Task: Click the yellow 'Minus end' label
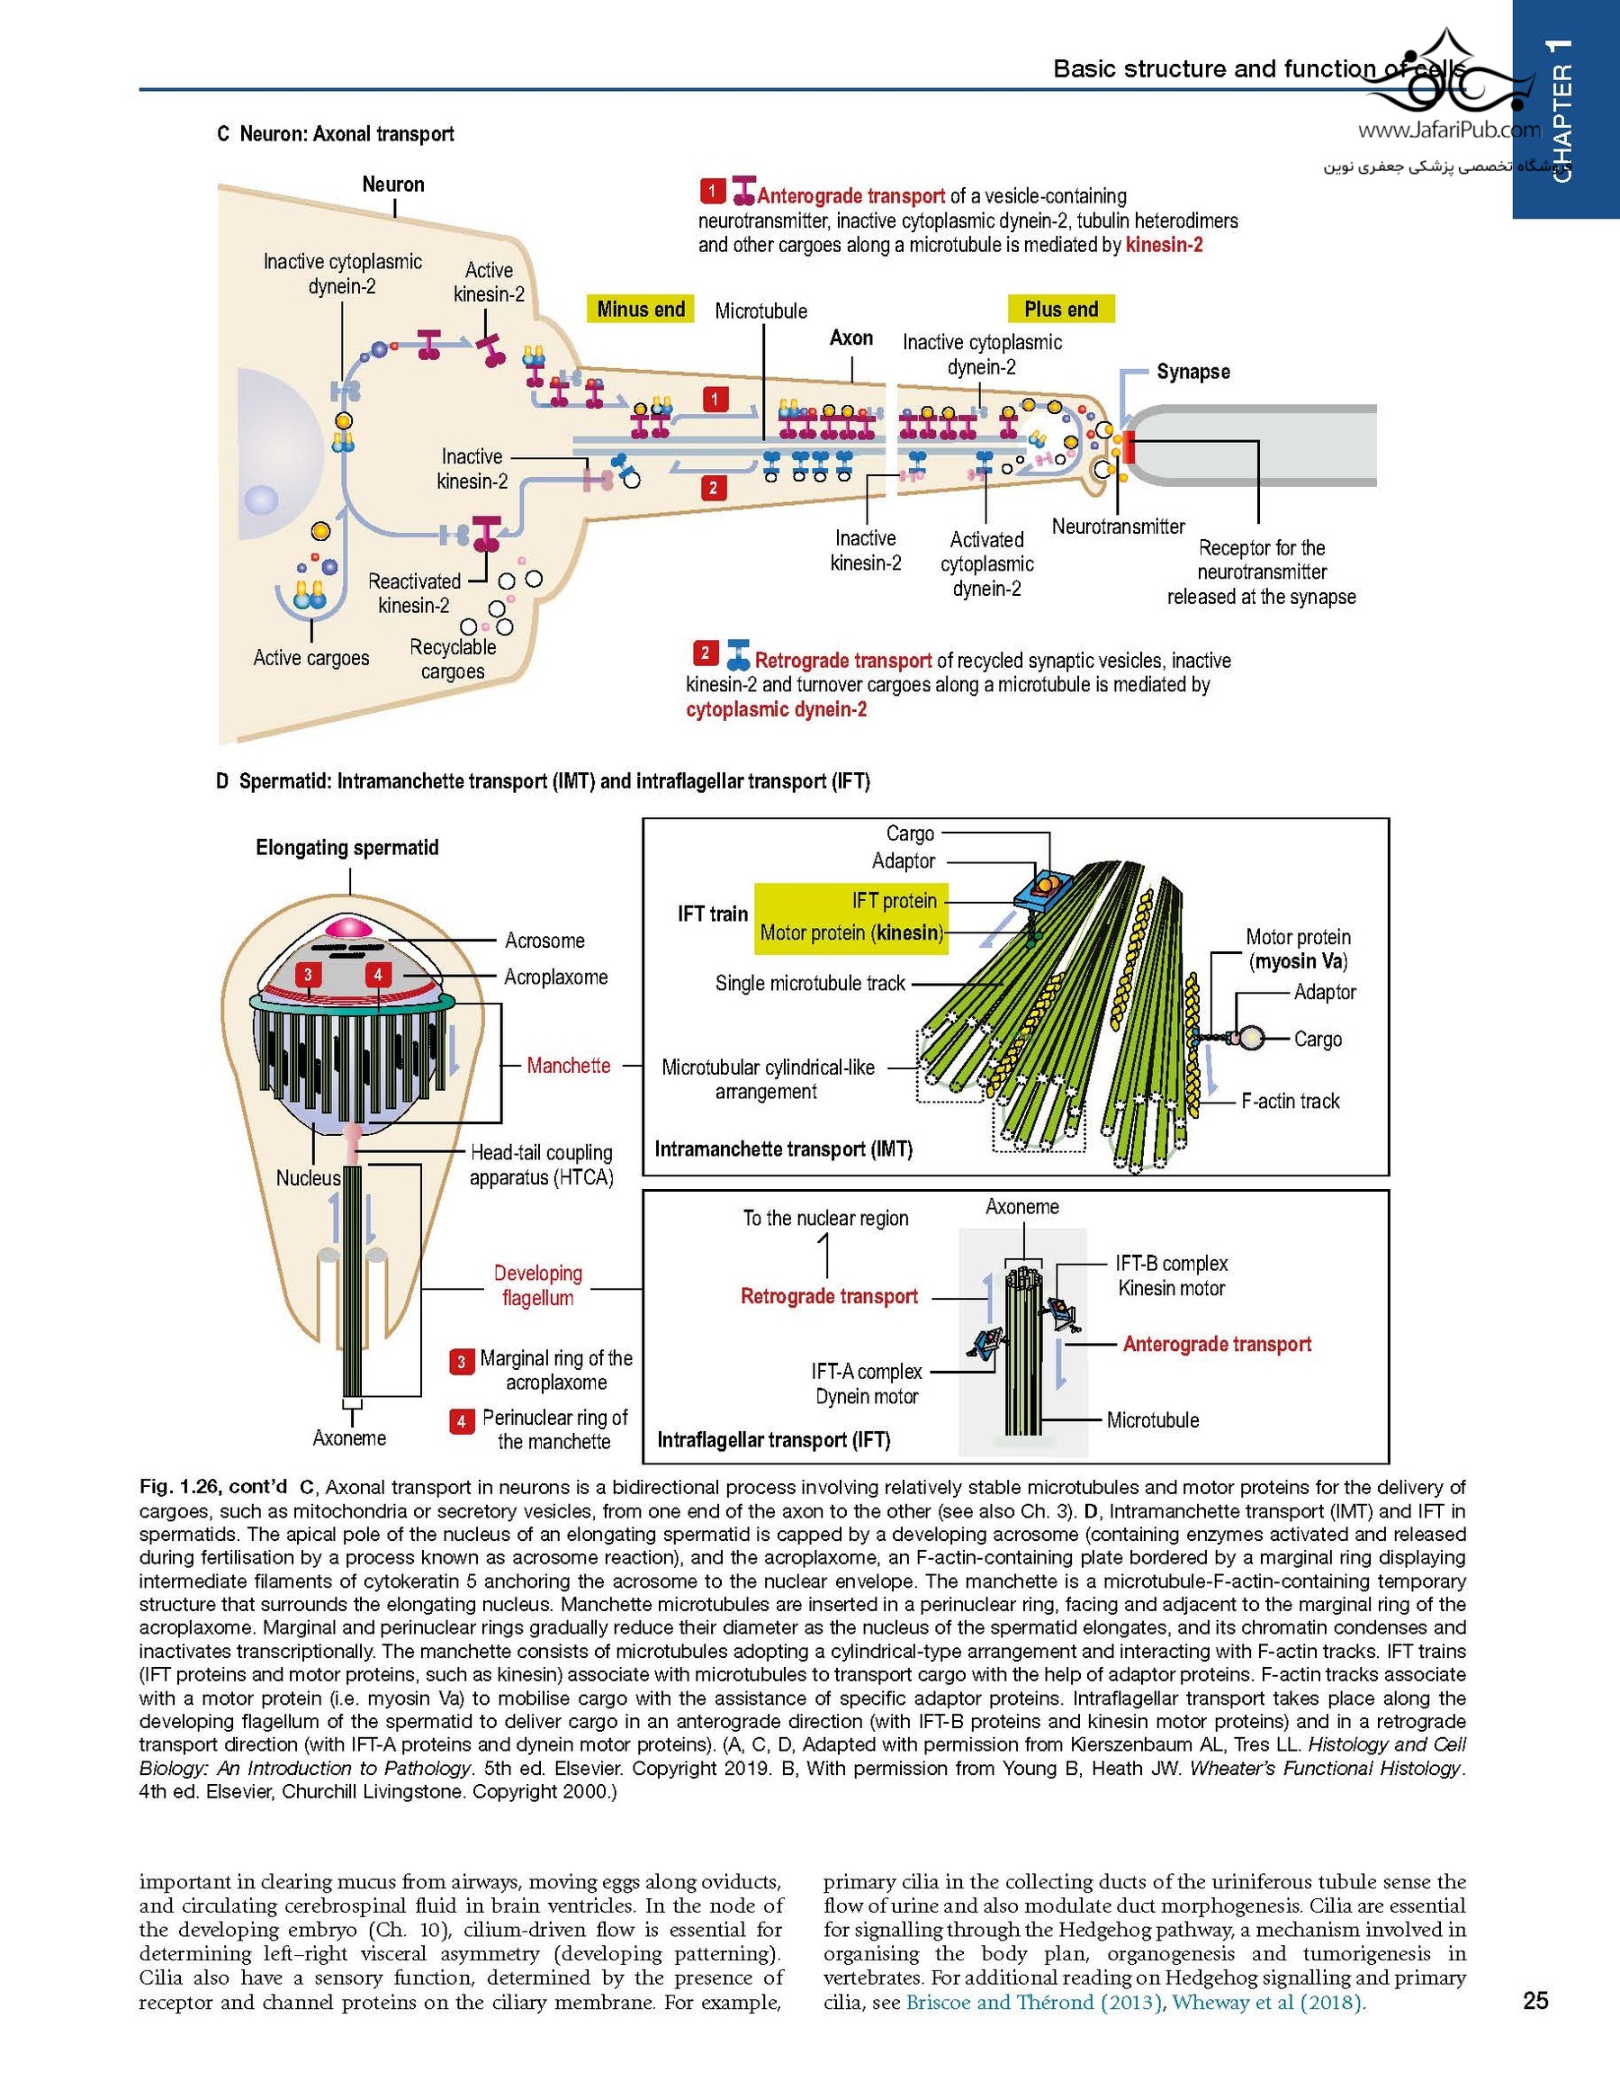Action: pos(641,309)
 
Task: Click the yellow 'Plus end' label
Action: pos(1060,309)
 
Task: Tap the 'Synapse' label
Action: pos(1192,372)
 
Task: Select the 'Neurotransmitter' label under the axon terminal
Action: pos(1118,526)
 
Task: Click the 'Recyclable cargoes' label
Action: pos(453,658)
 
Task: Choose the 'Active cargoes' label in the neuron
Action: pos(310,657)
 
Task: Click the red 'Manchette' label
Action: pos(568,1066)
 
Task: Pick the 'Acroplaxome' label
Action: pos(555,977)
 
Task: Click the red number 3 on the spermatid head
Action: pos(308,974)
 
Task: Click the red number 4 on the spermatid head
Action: pos(378,974)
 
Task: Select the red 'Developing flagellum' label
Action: pos(537,1285)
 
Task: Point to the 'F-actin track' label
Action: pos(1290,1102)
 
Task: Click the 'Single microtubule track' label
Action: pos(810,983)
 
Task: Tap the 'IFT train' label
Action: pos(713,914)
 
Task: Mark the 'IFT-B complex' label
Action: pos(1171,1264)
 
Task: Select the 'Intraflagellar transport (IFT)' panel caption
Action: pos(774,1440)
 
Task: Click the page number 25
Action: pos(1535,2000)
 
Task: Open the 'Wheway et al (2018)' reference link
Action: pos(1267,2002)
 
